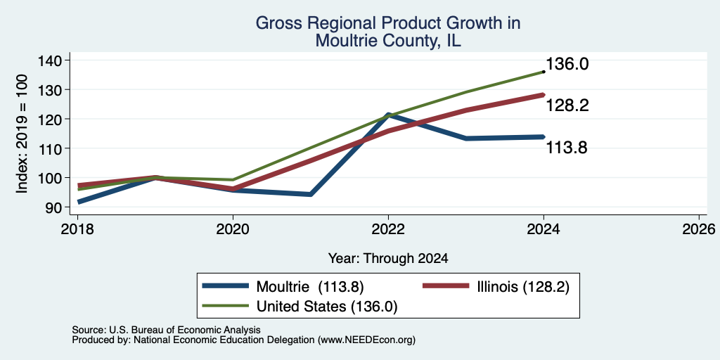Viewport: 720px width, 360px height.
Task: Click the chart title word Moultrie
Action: click(342, 41)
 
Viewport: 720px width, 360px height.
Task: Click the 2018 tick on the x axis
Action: click(77, 229)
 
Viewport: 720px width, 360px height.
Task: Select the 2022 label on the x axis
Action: click(388, 229)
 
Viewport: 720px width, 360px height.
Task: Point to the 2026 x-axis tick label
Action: click(699, 229)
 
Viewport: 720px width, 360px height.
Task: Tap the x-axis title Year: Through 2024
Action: click(388, 259)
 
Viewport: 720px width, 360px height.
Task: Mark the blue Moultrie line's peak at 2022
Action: click(388, 115)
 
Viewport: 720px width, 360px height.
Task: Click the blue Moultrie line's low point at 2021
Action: click(311, 194)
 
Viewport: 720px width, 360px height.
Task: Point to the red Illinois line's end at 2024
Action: click(544, 95)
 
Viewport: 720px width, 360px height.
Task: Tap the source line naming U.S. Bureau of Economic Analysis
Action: click(166, 330)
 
